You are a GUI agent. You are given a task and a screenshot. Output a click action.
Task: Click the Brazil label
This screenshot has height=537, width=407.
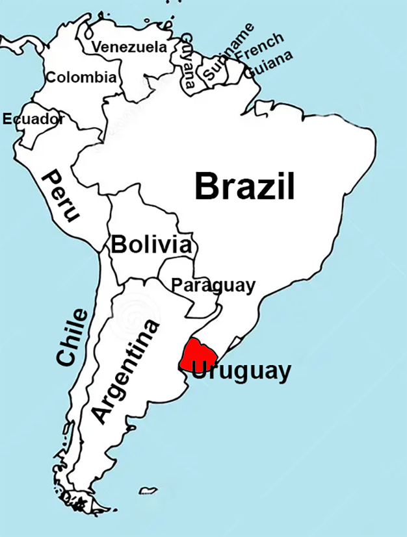click(244, 186)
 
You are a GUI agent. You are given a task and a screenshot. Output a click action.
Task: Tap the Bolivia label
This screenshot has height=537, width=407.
click(151, 245)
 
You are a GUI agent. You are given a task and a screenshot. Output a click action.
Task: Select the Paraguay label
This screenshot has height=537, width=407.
click(213, 285)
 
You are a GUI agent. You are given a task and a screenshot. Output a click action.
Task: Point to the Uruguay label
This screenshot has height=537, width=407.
click(241, 371)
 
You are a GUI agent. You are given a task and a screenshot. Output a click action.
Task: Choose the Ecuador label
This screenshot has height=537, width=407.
click(33, 119)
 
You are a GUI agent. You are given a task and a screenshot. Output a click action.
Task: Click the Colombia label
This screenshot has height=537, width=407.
click(81, 77)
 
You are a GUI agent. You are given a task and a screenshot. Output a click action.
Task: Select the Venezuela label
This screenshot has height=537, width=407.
click(129, 47)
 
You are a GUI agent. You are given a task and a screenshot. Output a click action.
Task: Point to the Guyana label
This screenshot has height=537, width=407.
click(187, 60)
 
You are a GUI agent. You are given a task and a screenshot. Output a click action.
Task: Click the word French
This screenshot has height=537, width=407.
click(259, 47)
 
